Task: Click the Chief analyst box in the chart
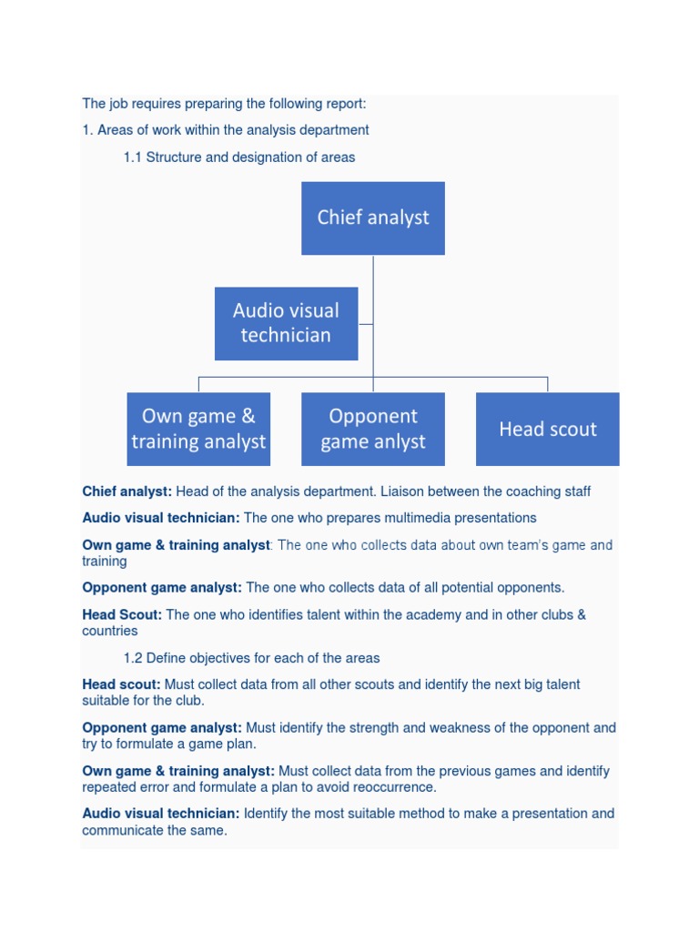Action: pyautogui.click(x=373, y=218)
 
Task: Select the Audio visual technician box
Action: pyautogui.click(x=286, y=323)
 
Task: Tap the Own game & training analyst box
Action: pyautogui.click(x=198, y=429)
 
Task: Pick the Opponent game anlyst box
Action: pyautogui.click(x=373, y=429)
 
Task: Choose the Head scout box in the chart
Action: pyautogui.click(x=547, y=429)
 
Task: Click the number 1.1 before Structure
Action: pyautogui.click(x=133, y=157)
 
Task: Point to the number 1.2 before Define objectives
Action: pyautogui.click(x=133, y=658)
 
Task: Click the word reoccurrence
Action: pyautogui.click(x=393, y=787)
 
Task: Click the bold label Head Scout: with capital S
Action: pyautogui.click(x=122, y=614)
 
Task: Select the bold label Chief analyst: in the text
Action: pyautogui.click(x=127, y=491)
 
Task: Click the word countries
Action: pyautogui.click(x=110, y=631)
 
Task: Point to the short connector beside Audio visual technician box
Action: pyautogui.click(x=366, y=323)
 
